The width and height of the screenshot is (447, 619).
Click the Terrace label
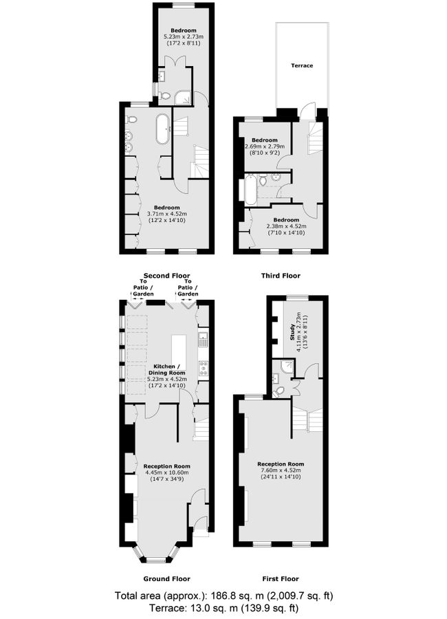(x=302, y=66)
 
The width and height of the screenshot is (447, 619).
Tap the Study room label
(x=292, y=334)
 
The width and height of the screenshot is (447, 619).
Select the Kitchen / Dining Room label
(x=167, y=369)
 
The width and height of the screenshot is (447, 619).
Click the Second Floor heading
(x=166, y=276)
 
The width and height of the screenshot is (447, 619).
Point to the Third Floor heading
(x=281, y=276)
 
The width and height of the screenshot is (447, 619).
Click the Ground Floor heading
(x=166, y=578)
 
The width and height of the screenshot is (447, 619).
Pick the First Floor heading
(x=281, y=578)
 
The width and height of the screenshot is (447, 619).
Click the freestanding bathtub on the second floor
(x=162, y=129)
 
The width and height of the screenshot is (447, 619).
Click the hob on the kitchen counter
(x=204, y=367)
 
